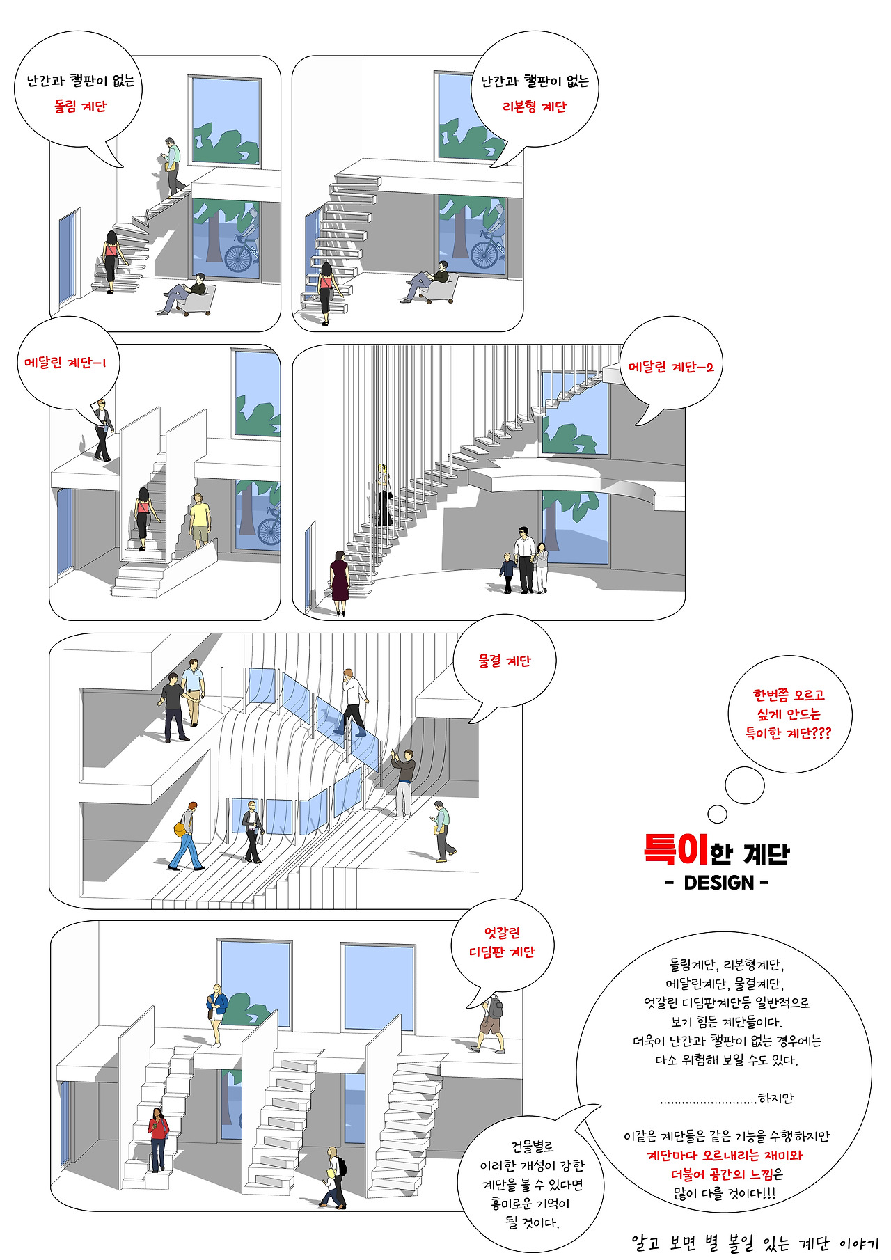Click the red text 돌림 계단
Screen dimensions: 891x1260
(81, 107)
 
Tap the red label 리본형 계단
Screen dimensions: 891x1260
(534, 107)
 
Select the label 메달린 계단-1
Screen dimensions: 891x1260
(65, 363)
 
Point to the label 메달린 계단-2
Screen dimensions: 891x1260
(671, 367)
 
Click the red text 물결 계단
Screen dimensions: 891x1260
(504, 661)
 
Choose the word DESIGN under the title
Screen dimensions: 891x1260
(719, 883)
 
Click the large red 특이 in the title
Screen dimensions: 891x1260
(676, 849)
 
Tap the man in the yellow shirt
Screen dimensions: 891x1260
(200, 519)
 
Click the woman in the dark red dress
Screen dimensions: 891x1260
(339, 583)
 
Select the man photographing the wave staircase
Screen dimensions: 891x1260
(403, 783)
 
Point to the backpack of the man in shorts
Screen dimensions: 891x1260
(495, 1007)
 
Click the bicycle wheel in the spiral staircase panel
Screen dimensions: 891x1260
(237, 257)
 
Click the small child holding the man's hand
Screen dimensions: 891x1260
(507, 573)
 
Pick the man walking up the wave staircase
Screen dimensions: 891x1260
(352, 702)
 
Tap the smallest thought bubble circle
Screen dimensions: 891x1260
(717, 814)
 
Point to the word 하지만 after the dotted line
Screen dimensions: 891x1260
(776, 1098)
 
